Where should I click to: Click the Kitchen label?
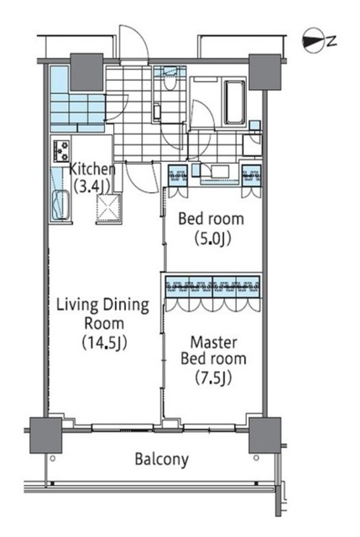tap(92, 169)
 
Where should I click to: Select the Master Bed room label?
tap(213, 350)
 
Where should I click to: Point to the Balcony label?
tap(162, 459)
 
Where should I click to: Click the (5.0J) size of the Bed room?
tap(212, 238)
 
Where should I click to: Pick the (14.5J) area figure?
tap(104, 342)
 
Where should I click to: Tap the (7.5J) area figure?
tap(213, 378)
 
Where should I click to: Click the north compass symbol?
tap(313, 41)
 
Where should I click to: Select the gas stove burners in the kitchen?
tap(61, 151)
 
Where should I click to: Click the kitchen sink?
tap(60, 205)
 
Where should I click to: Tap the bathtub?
tap(235, 102)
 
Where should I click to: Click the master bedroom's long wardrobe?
tap(212, 287)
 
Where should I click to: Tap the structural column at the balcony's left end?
tap(45, 435)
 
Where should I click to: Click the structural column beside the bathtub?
tap(265, 72)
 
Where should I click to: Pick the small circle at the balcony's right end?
tap(256, 457)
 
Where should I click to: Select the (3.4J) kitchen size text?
tap(91, 186)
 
